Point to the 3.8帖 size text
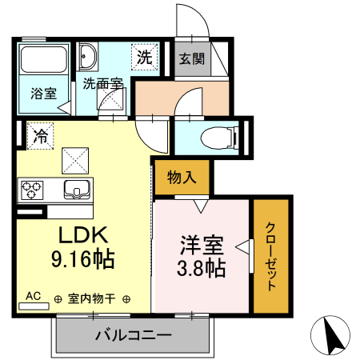(201, 266)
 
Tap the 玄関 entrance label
(190, 58)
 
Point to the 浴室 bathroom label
(43, 93)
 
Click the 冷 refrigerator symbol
(38, 135)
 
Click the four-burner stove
(32, 190)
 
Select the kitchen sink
(78, 190)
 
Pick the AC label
(33, 295)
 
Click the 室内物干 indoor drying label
(92, 298)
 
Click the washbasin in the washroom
(87, 58)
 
